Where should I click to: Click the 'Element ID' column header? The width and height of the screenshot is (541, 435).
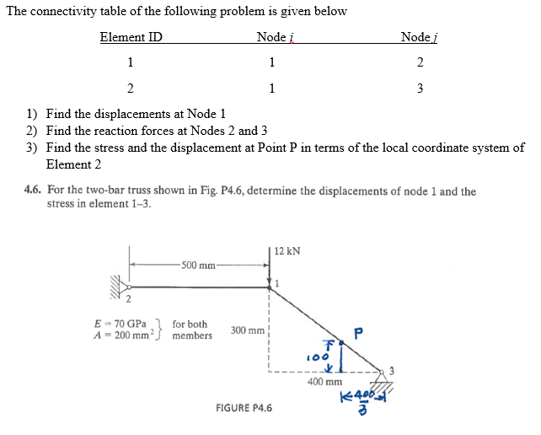point(131,37)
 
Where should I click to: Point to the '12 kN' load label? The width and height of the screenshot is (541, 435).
point(287,251)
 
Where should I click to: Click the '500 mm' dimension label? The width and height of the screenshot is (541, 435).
point(199,266)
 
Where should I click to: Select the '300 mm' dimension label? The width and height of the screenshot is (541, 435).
point(247,330)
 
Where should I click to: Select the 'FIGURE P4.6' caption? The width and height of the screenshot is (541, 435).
point(244,408)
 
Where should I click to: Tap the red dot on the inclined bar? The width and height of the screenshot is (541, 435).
point(341,343)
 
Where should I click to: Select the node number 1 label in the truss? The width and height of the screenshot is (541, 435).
point(276,283)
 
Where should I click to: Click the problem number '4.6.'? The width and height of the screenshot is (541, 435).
point(35,191)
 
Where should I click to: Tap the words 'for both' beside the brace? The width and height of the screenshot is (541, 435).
point(190,324)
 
